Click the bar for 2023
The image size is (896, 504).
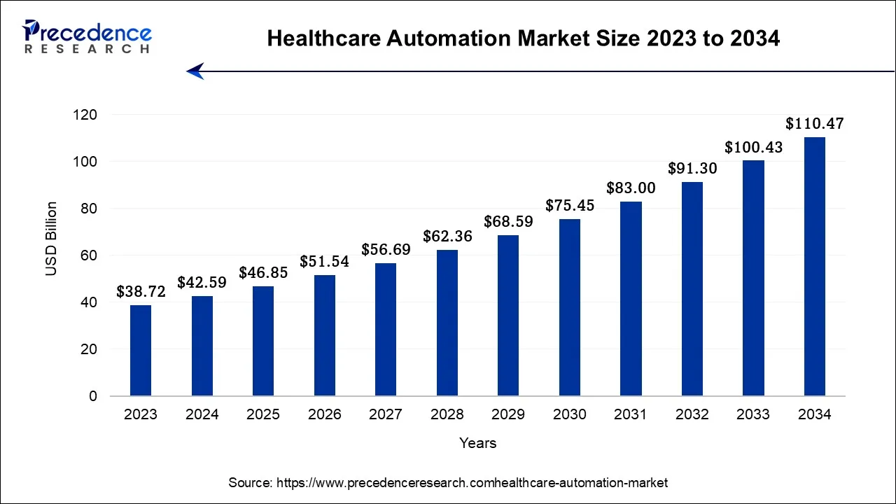pos(141,351)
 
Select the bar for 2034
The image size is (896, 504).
pos(814,267)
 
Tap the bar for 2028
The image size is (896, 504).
pos(447,323)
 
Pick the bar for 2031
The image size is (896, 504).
pos(631,299)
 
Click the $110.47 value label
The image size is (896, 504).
pos(814,125)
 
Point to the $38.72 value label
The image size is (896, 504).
pos(141,292)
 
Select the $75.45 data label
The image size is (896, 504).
pos(569,206)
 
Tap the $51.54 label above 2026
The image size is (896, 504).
pos(324,262)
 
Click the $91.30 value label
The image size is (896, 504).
pos(692,169)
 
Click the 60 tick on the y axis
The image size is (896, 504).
pos(90,255)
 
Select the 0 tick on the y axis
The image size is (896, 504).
pos(93,396)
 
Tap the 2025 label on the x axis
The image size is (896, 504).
pos(263,414)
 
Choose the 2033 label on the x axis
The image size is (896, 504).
pos(753,414)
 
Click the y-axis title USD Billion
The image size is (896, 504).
pos(52,238)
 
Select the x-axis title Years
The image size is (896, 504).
pos(477,443)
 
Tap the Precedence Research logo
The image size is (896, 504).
pos(87,37)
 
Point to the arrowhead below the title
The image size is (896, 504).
pos(195,71)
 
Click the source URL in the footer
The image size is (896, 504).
pos(472,483)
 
